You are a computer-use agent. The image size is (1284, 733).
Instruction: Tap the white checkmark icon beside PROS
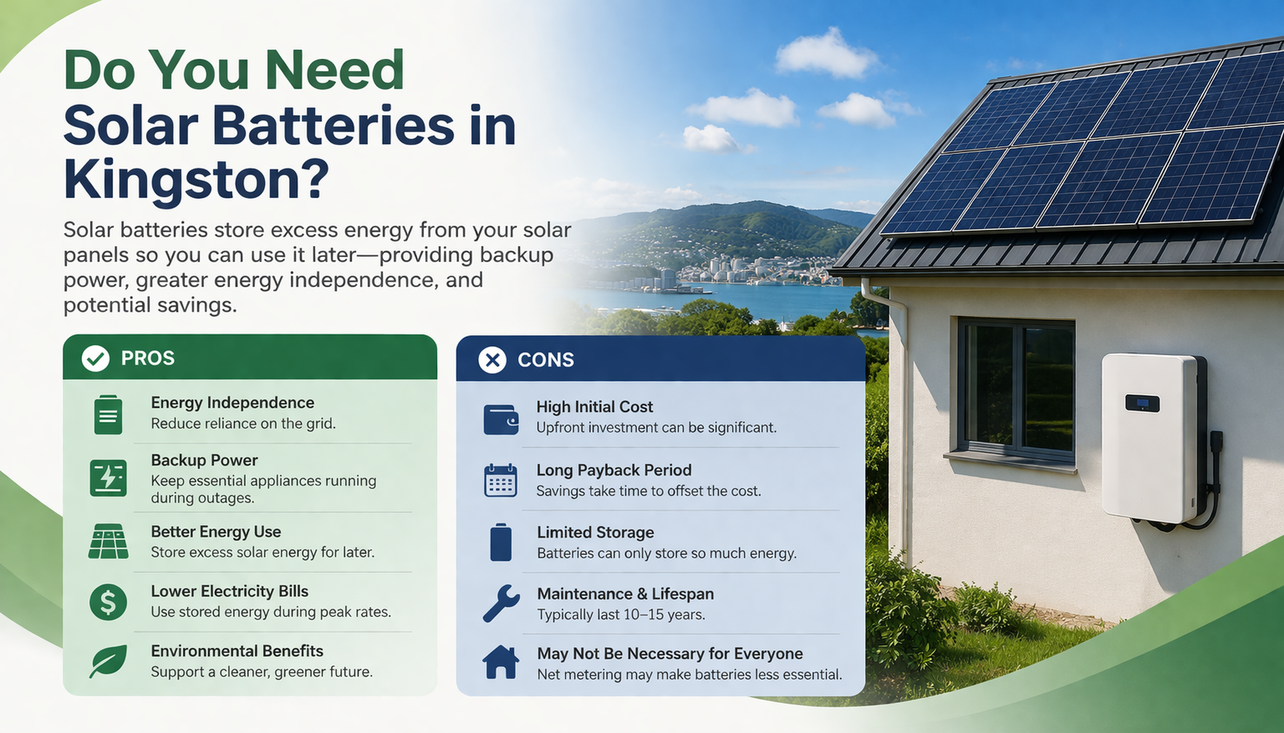[95, 359]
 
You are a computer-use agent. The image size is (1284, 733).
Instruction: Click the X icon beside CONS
[492, 361]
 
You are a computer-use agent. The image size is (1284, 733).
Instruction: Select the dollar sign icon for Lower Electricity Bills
[108, 601]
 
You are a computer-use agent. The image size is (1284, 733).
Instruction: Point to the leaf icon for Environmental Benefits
[108, 661]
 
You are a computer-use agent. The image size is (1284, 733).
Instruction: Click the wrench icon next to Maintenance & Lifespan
[501, 604]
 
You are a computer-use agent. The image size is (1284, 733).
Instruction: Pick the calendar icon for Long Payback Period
[501, 480]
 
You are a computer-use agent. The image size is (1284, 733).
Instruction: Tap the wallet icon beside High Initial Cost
[501, 420]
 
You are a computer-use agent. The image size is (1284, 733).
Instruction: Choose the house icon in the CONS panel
[501, 662]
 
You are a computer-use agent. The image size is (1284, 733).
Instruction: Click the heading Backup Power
[204, 461]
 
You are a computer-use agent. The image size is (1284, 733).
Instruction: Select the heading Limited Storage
[595, 533]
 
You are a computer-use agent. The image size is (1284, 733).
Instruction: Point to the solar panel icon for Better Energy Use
[108, 541]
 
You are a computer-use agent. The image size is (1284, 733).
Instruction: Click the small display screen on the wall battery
[1142, 403]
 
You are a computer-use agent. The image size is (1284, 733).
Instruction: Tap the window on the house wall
[1015, 389]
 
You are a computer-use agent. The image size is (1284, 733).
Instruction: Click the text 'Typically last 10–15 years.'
[621, 615]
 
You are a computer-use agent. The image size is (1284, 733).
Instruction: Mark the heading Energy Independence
[232, 403]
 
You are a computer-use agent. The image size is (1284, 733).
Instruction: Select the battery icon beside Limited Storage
[501, 542]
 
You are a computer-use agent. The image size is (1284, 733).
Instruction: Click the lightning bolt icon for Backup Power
[108, 478]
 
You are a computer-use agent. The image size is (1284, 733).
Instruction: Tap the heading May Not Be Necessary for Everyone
[669, 654]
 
